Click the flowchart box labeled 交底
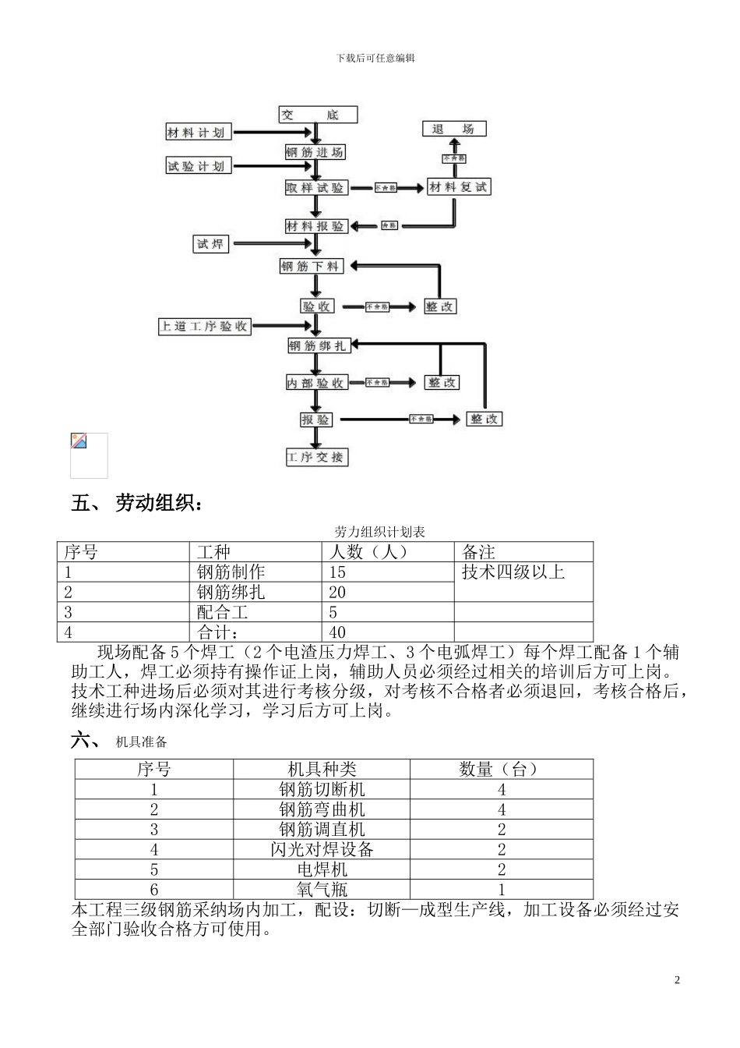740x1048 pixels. pyautogui.click(x=318, y=115)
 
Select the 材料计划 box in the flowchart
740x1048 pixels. pyautogui.click(x=198, y=133)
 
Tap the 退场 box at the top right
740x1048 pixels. pyautogui.click(x=453, y=129)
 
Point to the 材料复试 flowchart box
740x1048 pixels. pyautogui.click(x=459, y=187)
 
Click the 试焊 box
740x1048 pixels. pyautogui.click(x=210, y=244)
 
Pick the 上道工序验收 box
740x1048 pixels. pyautogui.click(x=204, y=326)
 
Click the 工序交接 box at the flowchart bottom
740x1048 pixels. pyautogui.click(x=316, y=457)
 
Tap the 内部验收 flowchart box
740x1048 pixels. pyautogui.click(x=316, y=383)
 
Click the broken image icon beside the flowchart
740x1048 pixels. pyautogui.click(x=79, y=442)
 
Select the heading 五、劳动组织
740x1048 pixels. pyautogui.click(x=138, y=504)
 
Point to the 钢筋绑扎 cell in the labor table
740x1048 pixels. pyautogui.click(x=231, y=592)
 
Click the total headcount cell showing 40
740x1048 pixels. pyautogui.click(x=337, y=632)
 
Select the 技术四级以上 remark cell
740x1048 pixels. pyautogui.click(x=513, y=572)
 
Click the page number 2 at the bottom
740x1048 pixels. pyautogui.click(x=677, y=980)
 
